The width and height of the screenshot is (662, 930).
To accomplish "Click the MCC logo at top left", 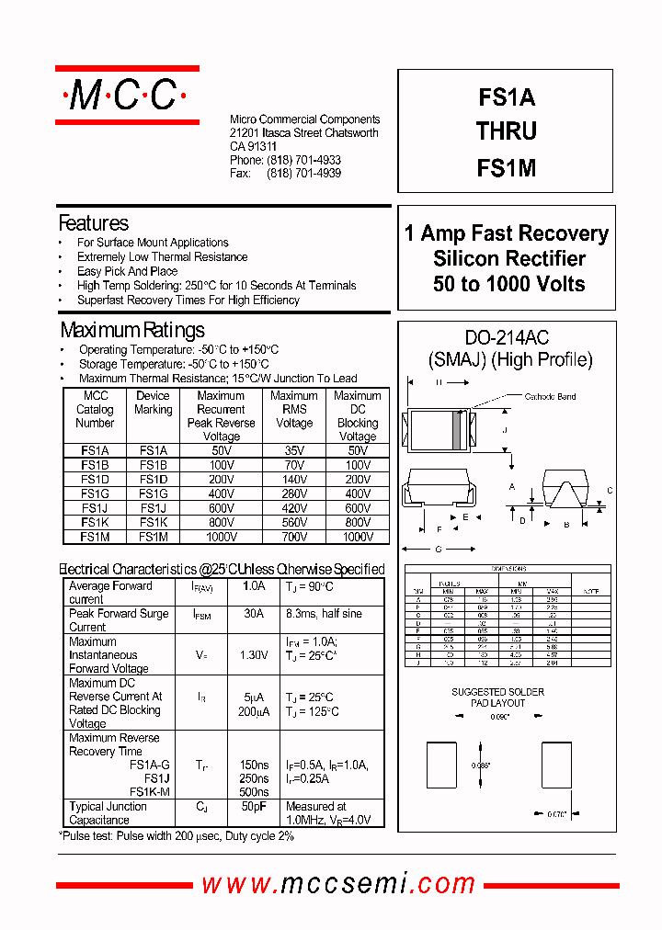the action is coord(126,95).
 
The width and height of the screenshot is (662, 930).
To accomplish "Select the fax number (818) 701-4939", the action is coord(303,173).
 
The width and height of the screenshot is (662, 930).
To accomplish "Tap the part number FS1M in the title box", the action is coord(507,169).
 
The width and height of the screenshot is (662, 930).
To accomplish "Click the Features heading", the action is coord(93,223).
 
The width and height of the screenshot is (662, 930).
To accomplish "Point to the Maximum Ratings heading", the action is coord(132,330).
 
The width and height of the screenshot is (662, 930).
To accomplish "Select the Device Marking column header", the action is coord(153,403).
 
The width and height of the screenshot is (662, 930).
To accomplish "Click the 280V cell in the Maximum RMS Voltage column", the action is coord(294,493).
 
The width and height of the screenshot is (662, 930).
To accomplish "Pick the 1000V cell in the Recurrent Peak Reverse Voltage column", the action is coord(221,537).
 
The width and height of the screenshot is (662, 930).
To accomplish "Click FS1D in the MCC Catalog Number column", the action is coord(95,479).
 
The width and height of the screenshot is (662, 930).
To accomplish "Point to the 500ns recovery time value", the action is coord(253,792).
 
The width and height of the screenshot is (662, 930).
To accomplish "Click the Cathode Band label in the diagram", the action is coord(550,397).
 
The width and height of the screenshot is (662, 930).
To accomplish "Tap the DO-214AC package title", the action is coord(507,339).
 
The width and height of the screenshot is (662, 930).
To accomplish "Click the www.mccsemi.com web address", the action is coord(338,884).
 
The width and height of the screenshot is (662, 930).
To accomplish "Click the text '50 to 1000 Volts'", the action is coord(508,284).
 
